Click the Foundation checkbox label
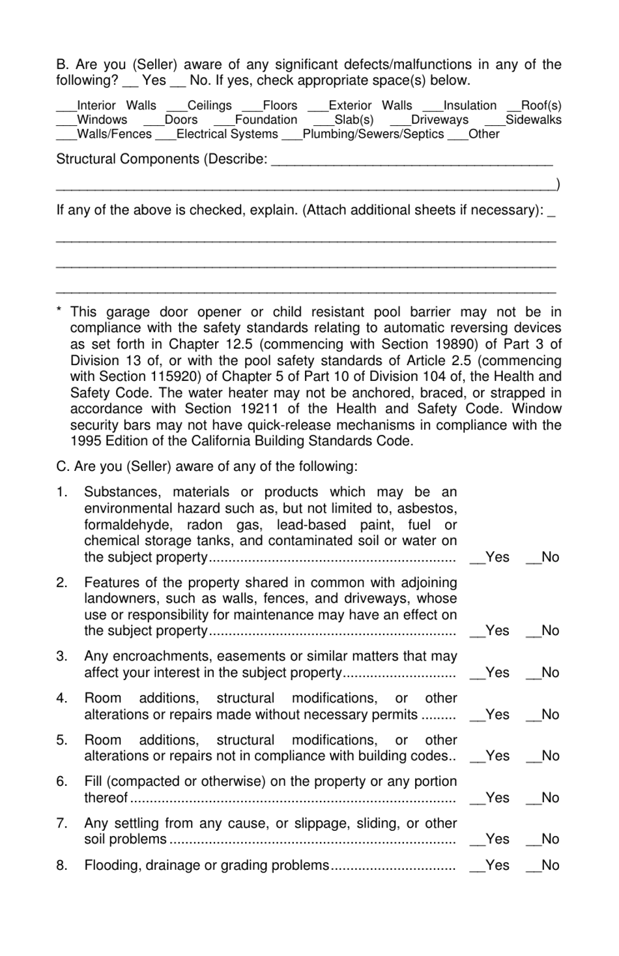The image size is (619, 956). (265, 120)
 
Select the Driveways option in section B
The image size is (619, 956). (439, 120)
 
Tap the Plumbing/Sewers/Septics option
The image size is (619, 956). (373, 134)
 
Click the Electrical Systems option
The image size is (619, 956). (227, 134)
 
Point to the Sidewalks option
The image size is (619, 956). (533, 120)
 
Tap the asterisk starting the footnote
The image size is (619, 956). (59, 312)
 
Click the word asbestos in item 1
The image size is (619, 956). (426, 509)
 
